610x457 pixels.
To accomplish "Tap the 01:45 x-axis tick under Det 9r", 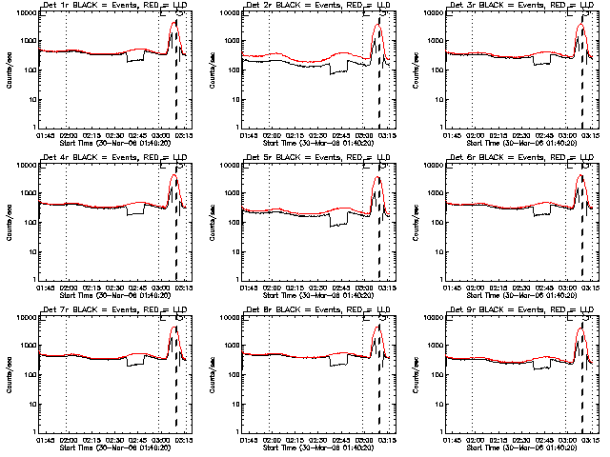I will click(x=453, y=439).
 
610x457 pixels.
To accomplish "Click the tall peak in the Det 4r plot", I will click(x=173, y=177).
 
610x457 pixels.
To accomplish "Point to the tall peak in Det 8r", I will click(x=377, y=328).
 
